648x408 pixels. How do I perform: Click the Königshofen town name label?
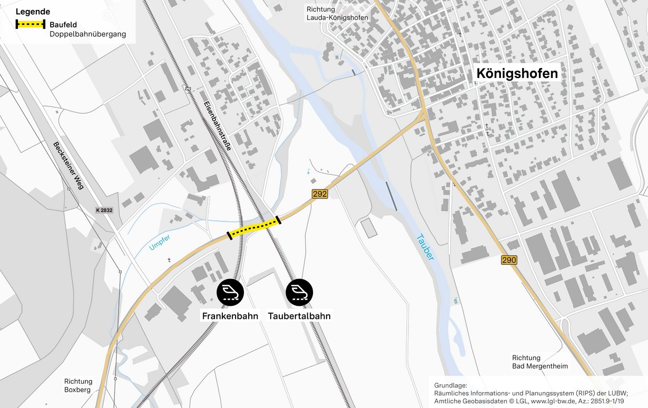pos(517,74)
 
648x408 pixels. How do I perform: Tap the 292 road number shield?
pos(319,194)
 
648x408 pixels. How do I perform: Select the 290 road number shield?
pos(509,260)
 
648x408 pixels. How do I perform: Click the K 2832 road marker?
pos(104,210)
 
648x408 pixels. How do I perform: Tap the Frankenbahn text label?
pos(230,316)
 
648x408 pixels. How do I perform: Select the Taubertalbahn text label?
pos(299,316)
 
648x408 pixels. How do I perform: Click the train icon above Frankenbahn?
pos(230,292)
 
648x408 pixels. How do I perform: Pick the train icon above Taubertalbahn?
pos(299,292)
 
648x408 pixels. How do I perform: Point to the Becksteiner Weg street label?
pos(68,165)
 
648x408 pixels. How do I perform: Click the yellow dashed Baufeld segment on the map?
pos(254,227)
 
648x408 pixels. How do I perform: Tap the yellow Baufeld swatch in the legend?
pos(31,24)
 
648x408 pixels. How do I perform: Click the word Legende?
pos(33,12)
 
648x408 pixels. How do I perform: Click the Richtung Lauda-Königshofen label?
pos(337,13)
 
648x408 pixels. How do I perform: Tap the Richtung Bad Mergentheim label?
pos(540,362)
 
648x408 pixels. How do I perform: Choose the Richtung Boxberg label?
pos(78,385)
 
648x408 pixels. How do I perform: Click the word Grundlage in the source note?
pos(450,385)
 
